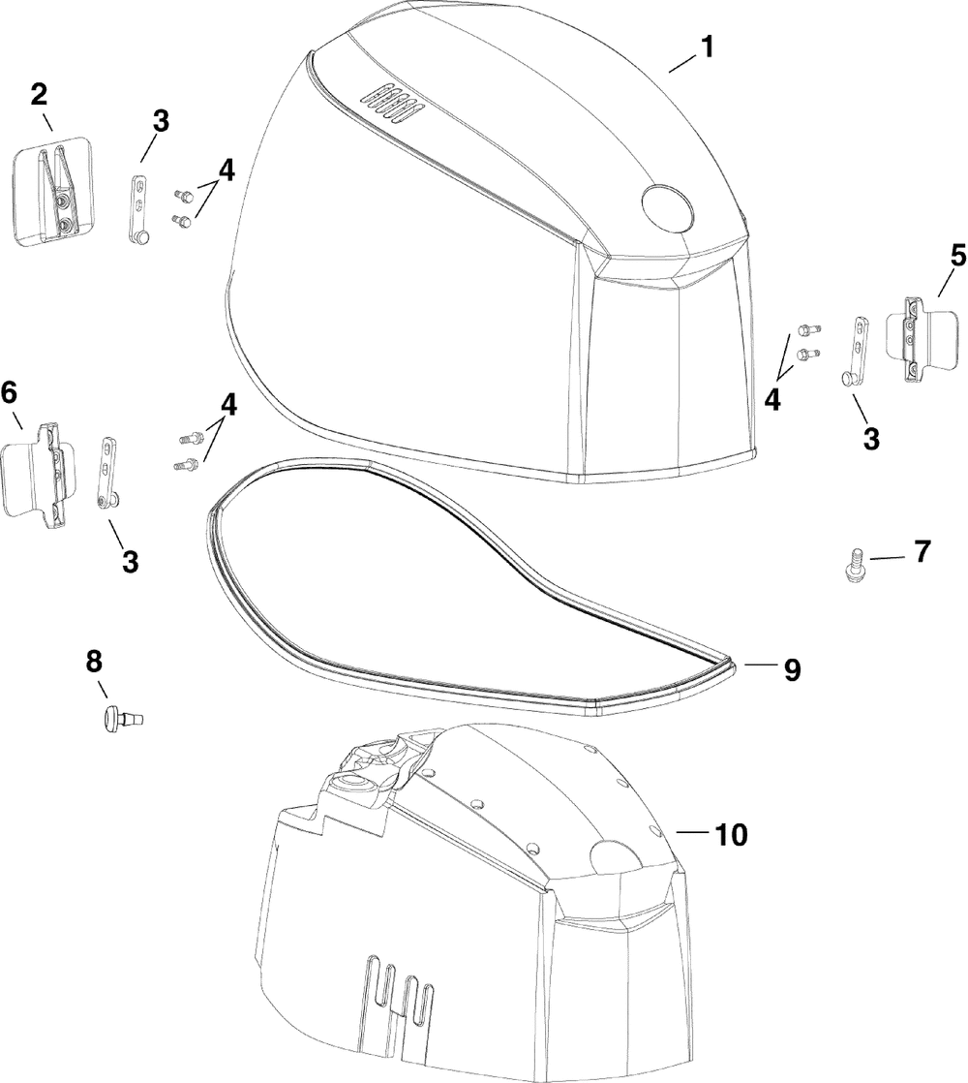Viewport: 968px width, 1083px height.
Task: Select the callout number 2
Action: [x=39, y=95]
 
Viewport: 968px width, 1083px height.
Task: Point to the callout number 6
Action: [x=10, y=392]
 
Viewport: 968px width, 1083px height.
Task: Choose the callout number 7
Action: [x=922, y=553]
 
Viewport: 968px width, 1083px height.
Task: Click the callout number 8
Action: [x=93, y=662]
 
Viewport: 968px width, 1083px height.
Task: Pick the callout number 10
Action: [x=731, y=835]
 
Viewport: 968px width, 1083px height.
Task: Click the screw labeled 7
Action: [x=854, y=563]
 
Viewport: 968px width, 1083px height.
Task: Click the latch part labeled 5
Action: [x=914, y=336]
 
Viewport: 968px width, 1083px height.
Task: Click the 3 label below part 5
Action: [x=870, y=438]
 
